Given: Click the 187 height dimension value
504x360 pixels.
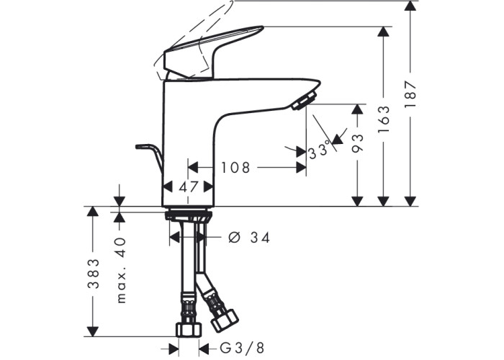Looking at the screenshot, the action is point(410,94).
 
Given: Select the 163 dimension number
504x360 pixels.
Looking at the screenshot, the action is point(384,119).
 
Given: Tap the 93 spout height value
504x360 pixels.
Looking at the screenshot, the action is point(357,143).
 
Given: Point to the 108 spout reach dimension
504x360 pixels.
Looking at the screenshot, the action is point(235,168).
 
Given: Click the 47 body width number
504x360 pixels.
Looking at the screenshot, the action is point(189,186).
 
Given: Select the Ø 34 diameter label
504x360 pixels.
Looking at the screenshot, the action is point(249,238).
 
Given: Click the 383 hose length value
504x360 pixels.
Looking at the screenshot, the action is point(94,273).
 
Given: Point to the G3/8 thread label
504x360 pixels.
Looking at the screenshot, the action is point(243,348).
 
